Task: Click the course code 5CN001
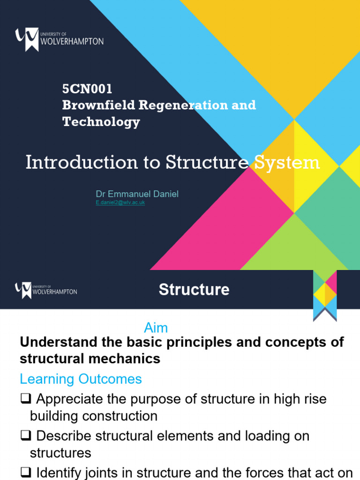87,89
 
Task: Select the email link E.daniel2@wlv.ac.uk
120,203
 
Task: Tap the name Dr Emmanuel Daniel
137,194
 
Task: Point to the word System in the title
286,163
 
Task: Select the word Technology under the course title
101,122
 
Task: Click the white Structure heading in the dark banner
194,290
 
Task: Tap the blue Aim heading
156,328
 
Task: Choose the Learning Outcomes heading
81,379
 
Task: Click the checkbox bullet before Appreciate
25,399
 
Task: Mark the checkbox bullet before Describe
25,436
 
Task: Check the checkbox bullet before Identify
25,472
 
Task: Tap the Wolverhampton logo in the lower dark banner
46,290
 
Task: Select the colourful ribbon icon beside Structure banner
325,296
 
